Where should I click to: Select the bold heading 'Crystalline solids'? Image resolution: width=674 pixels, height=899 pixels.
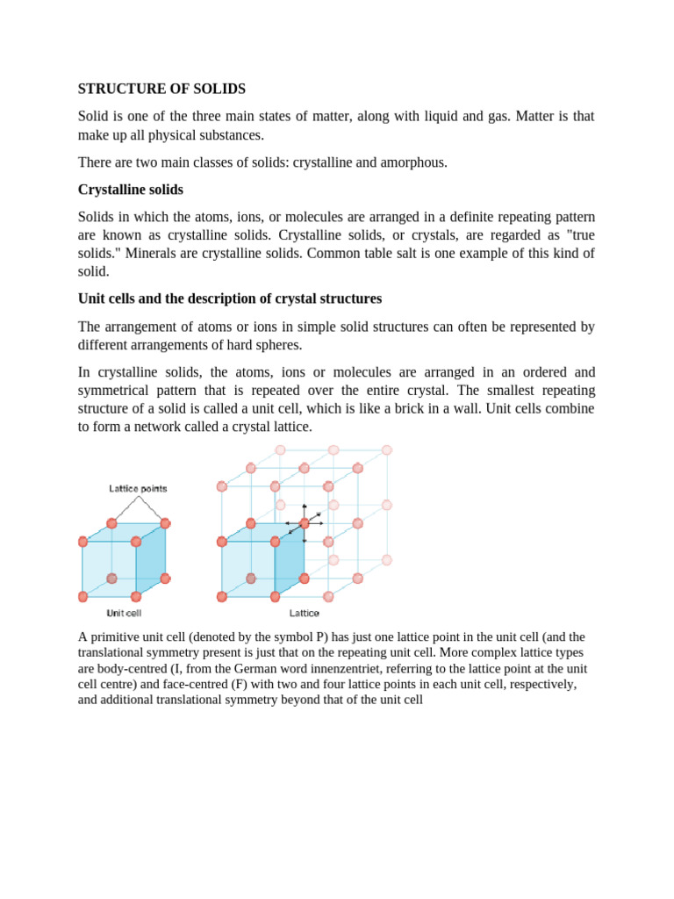[131, 190]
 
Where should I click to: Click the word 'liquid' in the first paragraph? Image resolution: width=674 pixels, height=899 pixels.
[439, 116]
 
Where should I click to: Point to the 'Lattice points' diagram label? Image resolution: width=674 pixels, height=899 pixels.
[138, 488]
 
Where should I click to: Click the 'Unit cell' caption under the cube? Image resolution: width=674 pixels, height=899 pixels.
[125, 613]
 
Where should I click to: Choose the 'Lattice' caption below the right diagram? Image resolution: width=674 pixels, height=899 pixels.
[304, 613]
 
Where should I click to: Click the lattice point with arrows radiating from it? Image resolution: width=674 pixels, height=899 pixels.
[304, 523]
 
